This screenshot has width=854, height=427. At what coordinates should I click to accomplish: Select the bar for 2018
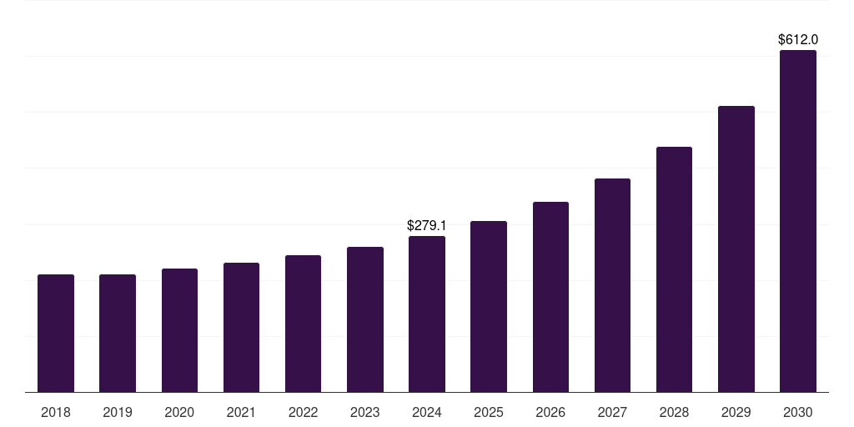[x=56, y=333]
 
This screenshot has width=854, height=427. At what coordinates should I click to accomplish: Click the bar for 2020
[x=179, y=330]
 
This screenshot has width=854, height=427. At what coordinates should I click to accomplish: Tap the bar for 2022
[x=303, y=324]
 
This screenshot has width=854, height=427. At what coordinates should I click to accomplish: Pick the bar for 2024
[x=427, y=314]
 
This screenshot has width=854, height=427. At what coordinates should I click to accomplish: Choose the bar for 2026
[x=550, y=297]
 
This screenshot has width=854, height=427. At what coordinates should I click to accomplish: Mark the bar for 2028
[x=674, y=269]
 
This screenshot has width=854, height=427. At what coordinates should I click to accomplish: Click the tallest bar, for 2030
[x=798, y=221]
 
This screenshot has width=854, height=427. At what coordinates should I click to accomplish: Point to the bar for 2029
[x=736, y=249]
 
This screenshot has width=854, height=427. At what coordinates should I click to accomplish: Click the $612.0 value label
[x=798, y=39]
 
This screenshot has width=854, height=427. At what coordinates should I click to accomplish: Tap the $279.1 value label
[x=427, y=225]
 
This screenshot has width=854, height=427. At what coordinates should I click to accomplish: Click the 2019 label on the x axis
[x=118, y=412]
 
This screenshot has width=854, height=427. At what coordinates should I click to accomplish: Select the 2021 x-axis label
[x=241, y=412]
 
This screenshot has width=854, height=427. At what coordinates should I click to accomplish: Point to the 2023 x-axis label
[x=364, y=412]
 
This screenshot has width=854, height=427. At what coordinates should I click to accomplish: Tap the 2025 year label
[x=489, y=412]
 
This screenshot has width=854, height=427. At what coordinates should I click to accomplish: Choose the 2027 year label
[x=612, y=412]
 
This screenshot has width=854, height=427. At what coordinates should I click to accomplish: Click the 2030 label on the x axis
[x=798, y=412]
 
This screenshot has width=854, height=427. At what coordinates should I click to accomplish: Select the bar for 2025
[x=489, y=306]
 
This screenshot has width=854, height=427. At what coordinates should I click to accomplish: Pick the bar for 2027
[x=612, y=285]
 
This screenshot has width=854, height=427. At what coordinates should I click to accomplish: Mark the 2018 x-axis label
[x=56, y=412]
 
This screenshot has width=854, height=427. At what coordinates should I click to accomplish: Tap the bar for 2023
[x=364, y=319]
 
